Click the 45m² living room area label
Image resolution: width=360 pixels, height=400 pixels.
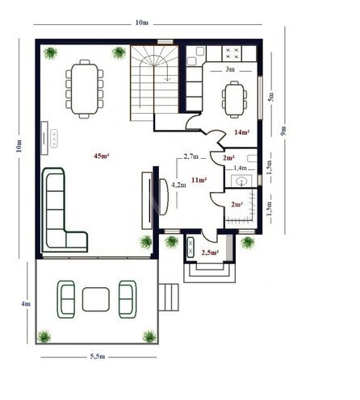(102, 155)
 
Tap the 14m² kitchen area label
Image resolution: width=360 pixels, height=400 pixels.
(241, 131)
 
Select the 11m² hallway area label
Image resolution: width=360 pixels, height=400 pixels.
(198, 180)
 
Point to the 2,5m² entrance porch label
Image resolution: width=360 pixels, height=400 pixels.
(211, 252)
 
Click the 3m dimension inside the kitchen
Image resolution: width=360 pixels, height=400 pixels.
(229, 69)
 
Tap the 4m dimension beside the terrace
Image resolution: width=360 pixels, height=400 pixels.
(26, 304)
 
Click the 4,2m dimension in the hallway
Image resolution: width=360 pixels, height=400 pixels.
(179, 185)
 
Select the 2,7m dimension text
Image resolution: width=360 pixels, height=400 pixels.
(191, 156)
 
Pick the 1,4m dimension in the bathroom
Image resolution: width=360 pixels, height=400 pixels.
(240, 168)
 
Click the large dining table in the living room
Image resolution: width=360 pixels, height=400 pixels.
(86, 87)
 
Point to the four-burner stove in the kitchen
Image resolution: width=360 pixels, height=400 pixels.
(232, 54)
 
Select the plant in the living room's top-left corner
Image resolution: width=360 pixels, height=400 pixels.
(52, 53)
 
